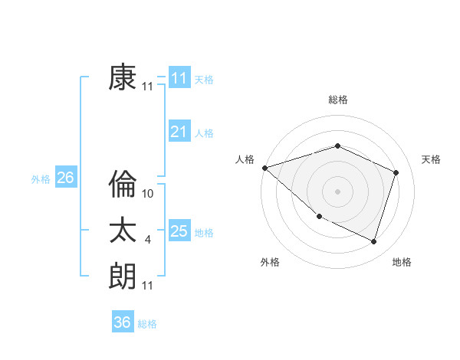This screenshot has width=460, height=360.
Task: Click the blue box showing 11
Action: [x=179, y=78]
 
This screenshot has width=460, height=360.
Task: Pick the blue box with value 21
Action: [x=179, y=132]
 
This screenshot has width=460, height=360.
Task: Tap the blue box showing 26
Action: [x=65, y=178]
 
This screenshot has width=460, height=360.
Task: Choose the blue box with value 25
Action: [x=179, y=231]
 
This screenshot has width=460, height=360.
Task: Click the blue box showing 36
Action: [x=123, y=322]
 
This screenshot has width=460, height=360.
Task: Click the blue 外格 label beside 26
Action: [x=41, y=179]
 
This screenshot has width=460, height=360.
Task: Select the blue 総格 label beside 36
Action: [x=147, y=324]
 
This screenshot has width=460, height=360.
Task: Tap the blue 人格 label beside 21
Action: [x=204, y=133]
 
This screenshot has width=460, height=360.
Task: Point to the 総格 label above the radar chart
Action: [x=337, y=100]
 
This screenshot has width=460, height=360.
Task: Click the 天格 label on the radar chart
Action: [x=431, y=159]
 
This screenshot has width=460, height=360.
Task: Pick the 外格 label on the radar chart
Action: [x=270, y=262]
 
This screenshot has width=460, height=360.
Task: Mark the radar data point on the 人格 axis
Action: [x=264, y=168]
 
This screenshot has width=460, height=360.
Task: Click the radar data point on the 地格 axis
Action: [x=373, y=241]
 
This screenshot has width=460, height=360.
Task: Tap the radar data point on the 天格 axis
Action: [x=396, y=172]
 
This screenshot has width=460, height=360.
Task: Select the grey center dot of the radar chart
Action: [x=337, y=191]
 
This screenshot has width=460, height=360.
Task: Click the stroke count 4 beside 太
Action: [x=148, y=240]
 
